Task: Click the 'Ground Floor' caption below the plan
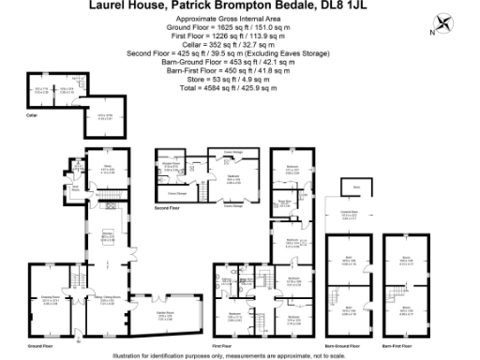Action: [39, 345]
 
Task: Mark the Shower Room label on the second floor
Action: [171, 166]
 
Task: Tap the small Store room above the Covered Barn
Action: [355, 187]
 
